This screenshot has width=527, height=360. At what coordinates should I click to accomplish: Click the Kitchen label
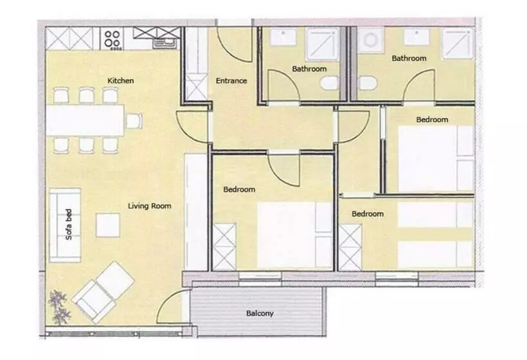tap(121, 80)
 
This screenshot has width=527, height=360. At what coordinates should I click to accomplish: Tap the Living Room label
tap(150, 206)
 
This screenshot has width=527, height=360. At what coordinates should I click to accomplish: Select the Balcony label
tap(260, 313)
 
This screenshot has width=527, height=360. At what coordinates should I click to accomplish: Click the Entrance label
tap(231, 80)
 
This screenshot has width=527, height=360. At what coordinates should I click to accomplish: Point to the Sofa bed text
tap(69, 224)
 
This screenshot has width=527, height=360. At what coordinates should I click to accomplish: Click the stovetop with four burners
tap(112, 39)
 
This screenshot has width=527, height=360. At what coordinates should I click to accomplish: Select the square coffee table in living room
tap(108, 225)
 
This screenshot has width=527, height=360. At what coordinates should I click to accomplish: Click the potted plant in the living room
tap(60, 307)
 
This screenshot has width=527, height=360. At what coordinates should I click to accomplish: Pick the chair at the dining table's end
tap(134, 121)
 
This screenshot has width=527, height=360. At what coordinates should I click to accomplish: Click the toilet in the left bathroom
tap(329, 83)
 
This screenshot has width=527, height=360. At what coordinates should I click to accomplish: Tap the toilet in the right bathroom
tap(368, 83)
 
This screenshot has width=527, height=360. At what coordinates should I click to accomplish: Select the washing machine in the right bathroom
tap(370, 40)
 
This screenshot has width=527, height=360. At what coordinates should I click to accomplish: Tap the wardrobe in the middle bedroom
tap(224, 247)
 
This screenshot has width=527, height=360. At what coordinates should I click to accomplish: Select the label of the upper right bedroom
tap(433, 120)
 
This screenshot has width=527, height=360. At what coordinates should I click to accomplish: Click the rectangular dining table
tap(85, 120)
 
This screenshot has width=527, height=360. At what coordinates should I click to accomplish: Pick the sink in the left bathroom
tap(283, 37)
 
